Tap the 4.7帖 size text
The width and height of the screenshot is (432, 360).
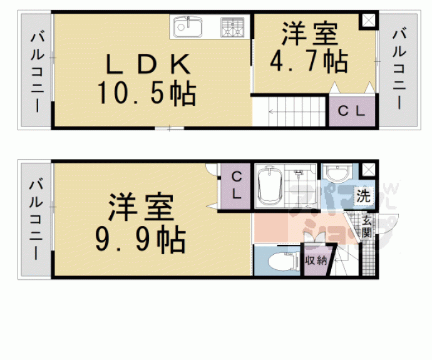pos(309,61)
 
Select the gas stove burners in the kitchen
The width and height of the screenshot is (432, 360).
pos(234,27)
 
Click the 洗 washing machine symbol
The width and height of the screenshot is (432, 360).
pos(363,195)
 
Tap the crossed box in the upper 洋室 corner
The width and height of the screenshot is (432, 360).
pos(368,20)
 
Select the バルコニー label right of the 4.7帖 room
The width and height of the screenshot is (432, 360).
pos(399,68)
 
